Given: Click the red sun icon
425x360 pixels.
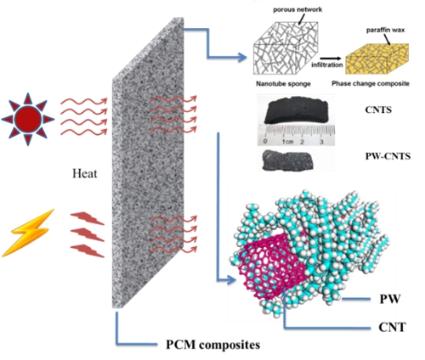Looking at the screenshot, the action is pyautogui.click(x=28, y=119).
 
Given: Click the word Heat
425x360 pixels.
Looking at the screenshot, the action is pyautogui.click(x=84, y=173).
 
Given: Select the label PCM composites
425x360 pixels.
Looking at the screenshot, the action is pyautogui.click(x=212, y=345).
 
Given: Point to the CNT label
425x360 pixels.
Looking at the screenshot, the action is pyautogui.click(x=392, y=328).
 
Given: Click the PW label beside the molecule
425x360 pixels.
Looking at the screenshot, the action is pyautogui.click(x=390, y=299).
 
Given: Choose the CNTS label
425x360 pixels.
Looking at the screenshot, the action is pyautogui.click(x=378, y=110).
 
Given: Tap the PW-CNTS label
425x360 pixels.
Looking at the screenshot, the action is pyautogui.click(x=388, y=156).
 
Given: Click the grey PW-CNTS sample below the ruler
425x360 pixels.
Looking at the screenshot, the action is pyautogui.click(x=286, y=160).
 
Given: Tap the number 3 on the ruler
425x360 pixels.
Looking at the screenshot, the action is pyautogui.click(x=321, y=142).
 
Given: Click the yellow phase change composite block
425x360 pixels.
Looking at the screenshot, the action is pyautogui.click(x=377, y=59).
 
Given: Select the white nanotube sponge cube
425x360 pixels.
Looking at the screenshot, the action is pyautogui.click(x=286, y=48).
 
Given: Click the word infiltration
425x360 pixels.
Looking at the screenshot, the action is pyautogui.click(x=327, y=65).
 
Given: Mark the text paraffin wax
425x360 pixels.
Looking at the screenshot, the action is pyautogui.click(x=385, y=30).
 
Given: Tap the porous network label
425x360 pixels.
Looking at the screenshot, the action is pyautogui.click(x=297, y=9).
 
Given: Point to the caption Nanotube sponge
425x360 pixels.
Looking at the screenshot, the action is pyautogui.click(x=283, y=84).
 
